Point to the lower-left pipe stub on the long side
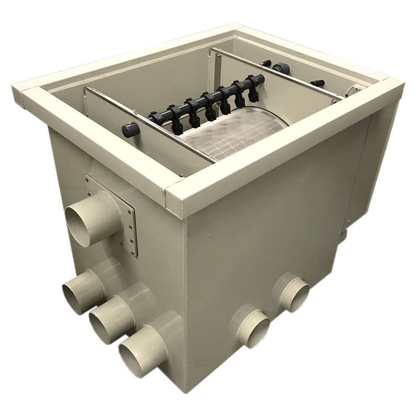[x=252, y=327]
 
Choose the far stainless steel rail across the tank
[x=275, y=75]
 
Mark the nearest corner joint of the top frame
[x=175, y=200]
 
